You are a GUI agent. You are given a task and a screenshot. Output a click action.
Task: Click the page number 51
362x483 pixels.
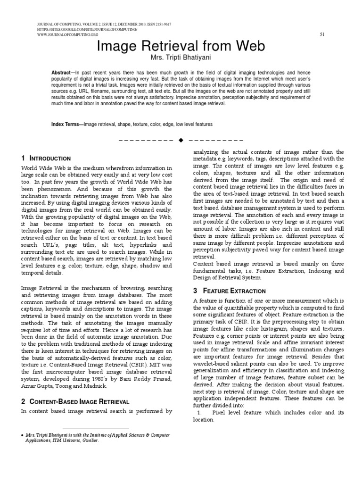point(322,34)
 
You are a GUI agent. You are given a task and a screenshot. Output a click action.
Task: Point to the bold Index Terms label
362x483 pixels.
point(66,124)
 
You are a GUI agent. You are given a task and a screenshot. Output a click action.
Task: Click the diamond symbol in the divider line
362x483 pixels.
point(181,140)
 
